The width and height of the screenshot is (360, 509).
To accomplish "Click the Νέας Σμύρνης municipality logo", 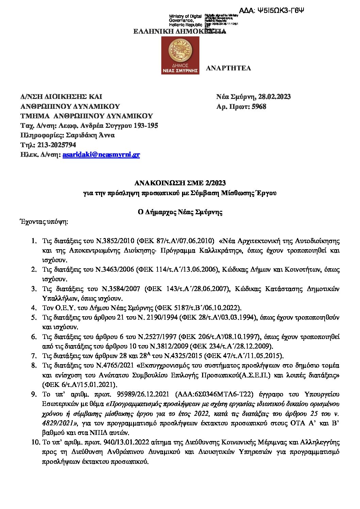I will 180,55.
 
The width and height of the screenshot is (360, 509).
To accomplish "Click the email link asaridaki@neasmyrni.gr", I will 101,155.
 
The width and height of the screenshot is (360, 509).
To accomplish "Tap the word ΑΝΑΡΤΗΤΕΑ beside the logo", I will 228,68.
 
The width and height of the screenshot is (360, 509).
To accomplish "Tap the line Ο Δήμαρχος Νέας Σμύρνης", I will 180,212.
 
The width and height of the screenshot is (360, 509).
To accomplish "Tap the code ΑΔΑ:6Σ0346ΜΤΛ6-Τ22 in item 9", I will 214,394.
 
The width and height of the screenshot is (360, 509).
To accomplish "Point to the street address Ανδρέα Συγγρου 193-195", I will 118,126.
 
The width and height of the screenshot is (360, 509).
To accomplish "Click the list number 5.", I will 34,318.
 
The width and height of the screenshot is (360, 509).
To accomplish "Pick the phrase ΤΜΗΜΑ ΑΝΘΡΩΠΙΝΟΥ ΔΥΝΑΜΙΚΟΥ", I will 87,116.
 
